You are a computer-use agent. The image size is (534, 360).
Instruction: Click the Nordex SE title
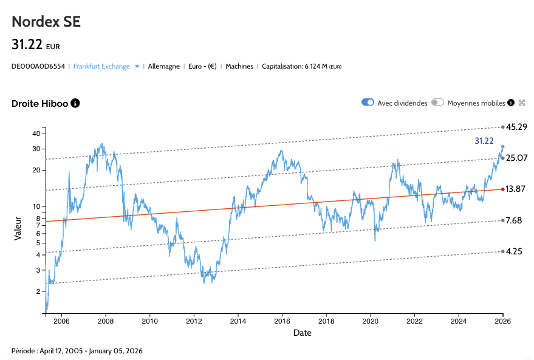pyautogui.click(x=46, y=22)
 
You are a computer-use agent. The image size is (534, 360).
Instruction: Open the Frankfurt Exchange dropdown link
pyautogui.click(x=102, y=66)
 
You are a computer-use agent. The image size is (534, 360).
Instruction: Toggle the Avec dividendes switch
pyautogui.click(x=368, y=103)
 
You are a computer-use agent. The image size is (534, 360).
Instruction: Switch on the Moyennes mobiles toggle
pyautogui.click(x=437, y=103)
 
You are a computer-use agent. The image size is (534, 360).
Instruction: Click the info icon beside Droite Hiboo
pyautogui.click(x=75, y=103)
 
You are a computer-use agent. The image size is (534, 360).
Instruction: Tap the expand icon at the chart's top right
pyautogui.click(x=521, y=103)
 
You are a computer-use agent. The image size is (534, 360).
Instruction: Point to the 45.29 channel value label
pyautogui.click(x=516, y=127)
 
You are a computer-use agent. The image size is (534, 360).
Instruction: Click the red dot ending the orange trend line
pyautogui.click(x=502, y=189)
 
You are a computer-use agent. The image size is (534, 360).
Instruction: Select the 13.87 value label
pyautogui.click(x=516, y=189)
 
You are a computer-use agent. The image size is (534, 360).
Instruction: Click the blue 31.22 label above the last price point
pyautogui.click(x=484, y=141)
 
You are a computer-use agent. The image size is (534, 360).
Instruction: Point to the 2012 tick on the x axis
pyautogui.click(x=194, y=321)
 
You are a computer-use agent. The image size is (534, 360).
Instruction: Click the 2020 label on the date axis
pyautogui.click(x=371, y=321)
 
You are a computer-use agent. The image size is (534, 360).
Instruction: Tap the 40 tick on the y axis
pyautogui.click(x=36, y=134)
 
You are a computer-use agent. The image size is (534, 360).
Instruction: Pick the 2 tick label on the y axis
pyautogui.click(x=38, y=291)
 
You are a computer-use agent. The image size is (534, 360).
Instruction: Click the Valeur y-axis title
pyautogui.click(x=18, y=227)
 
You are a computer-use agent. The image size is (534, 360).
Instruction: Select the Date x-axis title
pyautogui.click(x=303, y=333)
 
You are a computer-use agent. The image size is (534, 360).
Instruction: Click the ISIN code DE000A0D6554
pyautogui.click(x=38, y=66)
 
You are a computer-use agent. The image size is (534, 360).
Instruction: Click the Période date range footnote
pyautogui.click(x=77, y=351)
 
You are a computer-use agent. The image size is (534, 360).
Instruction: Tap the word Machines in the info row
pyautogui.click(x=239, y=66)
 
